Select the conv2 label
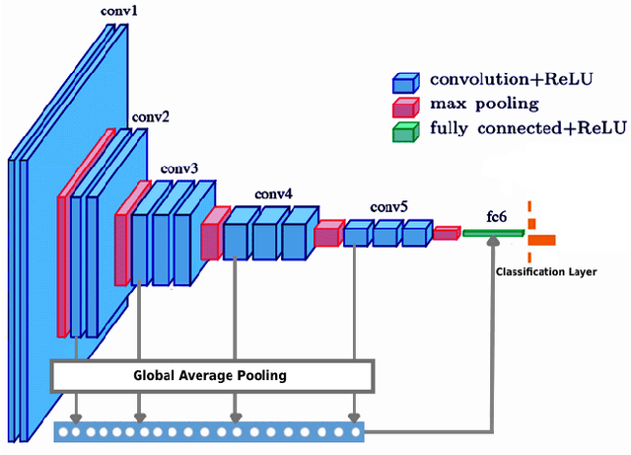pos(150,117)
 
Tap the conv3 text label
pos(178,169)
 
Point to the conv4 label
pos(273,194)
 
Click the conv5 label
pos(388,207)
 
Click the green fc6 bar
pos(493,233)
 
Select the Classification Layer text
pos(545,270)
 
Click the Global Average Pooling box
pos(211,375)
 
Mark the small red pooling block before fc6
pos(447,233)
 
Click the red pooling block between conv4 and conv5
pos(327,234)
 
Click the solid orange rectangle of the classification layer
pos(542,239)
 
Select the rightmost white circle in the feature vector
pos(354,431)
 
